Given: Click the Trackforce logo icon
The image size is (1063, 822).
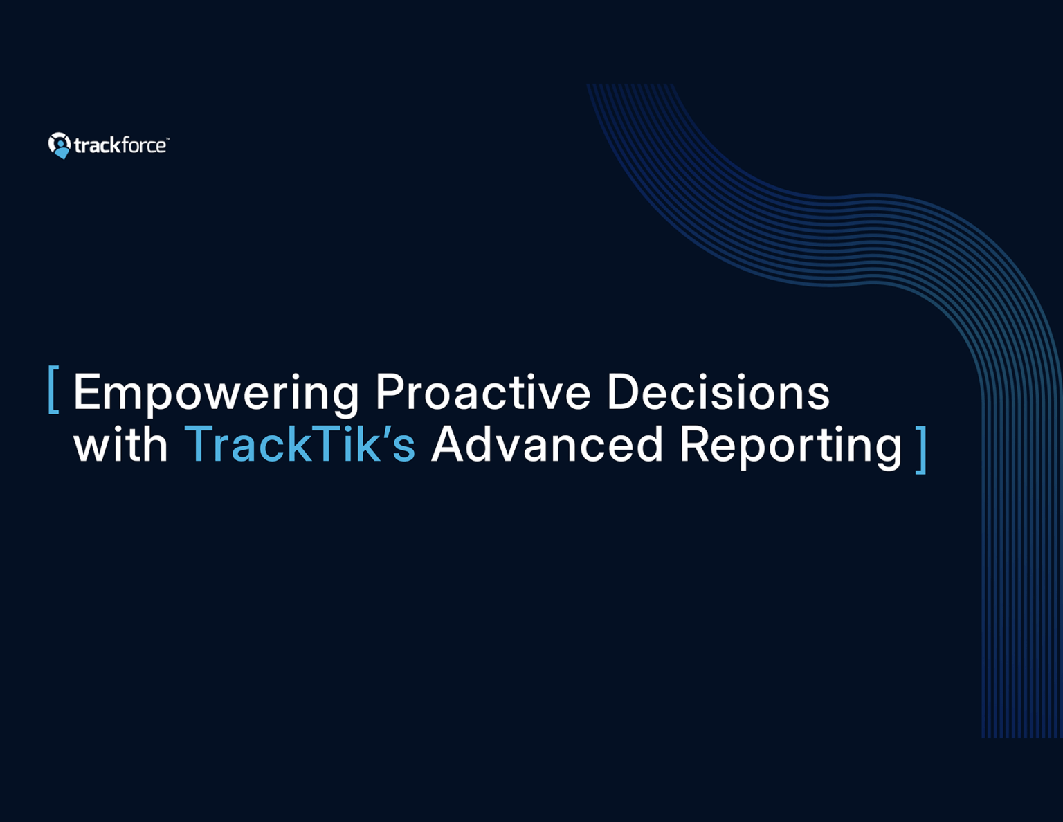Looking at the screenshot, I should (x=60, y=145).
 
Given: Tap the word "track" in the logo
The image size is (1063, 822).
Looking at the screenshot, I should (x=97, y=145).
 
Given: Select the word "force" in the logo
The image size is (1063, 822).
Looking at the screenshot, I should (x=143, y=145).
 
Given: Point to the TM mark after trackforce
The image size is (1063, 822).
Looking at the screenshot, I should (x=167, y=139).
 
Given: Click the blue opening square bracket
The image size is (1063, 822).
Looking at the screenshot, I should (x=53, y=390).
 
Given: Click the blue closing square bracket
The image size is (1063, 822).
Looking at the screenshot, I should (x=920, y=450).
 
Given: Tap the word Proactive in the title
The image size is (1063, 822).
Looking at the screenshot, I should (x=482, y=392).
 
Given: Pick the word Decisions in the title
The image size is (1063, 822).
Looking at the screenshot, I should (x=718, y=392).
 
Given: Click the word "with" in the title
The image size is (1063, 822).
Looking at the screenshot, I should (x=120, y=444).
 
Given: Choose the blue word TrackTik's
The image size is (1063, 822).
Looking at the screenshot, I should (x=300, y=444).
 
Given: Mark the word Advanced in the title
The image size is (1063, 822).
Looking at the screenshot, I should (x=547, y=444).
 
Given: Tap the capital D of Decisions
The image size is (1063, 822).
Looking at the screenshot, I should (x=621, y=392).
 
